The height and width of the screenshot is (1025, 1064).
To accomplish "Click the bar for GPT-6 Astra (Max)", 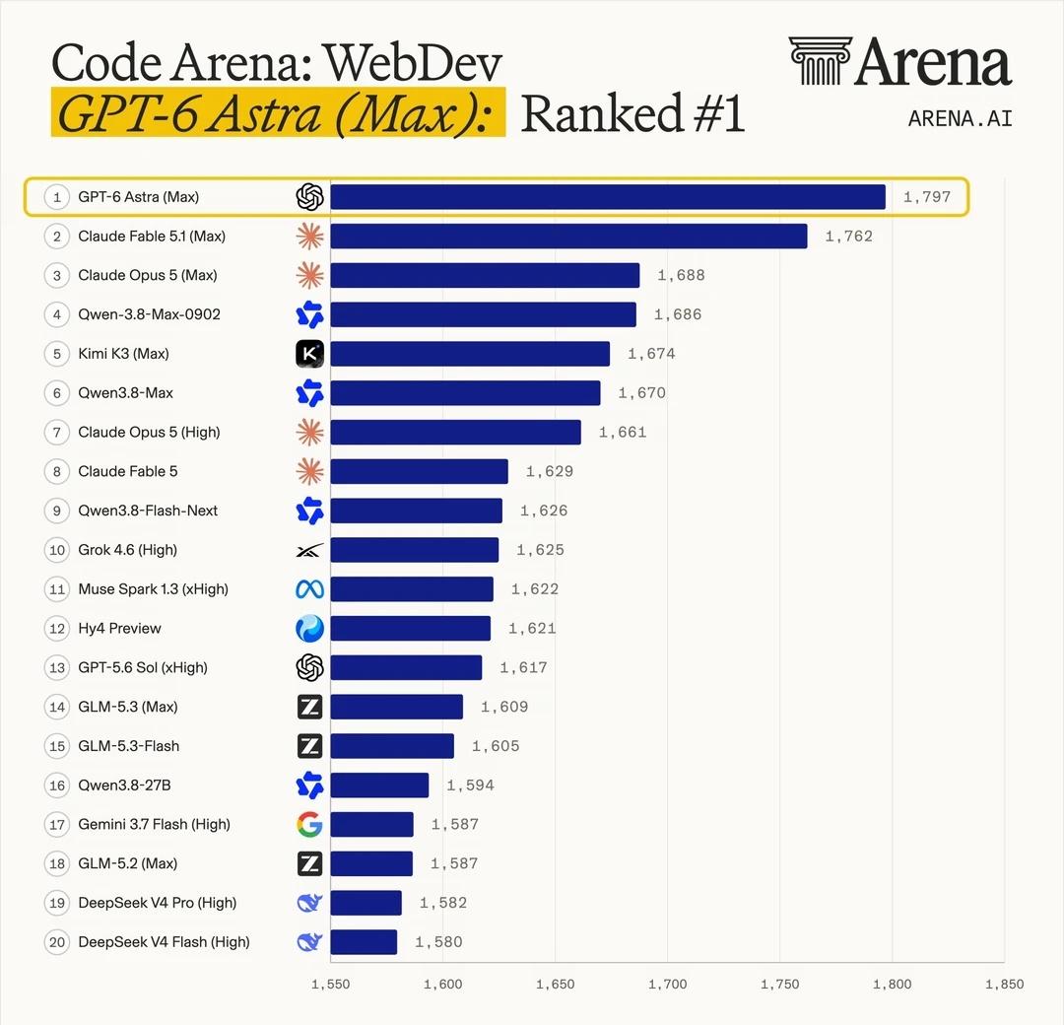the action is [x=608, y=197].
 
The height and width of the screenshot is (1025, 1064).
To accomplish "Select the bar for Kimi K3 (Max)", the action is [x=470, y=354].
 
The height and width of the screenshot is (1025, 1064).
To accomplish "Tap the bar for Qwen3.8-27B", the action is [x=380, y=786].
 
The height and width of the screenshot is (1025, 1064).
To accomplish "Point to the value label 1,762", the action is [x=849, y=237].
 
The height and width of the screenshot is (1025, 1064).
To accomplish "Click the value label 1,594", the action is [x=470, y=786].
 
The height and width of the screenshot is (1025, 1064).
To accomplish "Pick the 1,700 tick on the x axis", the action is [x=668, y=985].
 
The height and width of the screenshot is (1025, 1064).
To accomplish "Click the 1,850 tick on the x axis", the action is [x=1004, y=985].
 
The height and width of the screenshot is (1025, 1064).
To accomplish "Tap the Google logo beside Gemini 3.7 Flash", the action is [x=309, y=825].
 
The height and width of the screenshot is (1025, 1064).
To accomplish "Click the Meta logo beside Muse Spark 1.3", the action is [x=309, y=589].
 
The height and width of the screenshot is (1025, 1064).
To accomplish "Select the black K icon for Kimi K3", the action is [x=309, y=354].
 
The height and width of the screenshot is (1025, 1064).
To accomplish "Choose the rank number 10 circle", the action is [x=57, y=550].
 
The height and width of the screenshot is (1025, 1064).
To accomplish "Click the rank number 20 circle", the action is [x=57, y=942].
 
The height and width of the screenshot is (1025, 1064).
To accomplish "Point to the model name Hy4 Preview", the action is [x=119, y=629].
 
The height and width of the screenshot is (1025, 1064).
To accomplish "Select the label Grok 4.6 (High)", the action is [x=127, y=550].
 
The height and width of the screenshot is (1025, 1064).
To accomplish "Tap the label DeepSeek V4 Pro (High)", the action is [x=158, y=903].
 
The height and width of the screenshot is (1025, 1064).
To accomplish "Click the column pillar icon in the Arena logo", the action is [x=821, y=61].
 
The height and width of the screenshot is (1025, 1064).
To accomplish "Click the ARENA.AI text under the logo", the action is [x=961, y=119].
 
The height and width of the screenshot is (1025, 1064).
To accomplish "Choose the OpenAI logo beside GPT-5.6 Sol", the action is [x=309, y=668].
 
